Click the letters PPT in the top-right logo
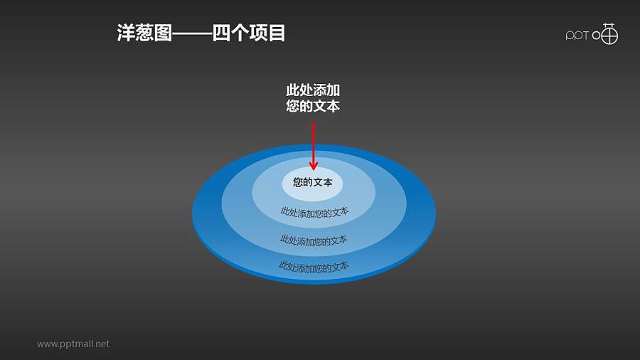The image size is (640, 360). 577,36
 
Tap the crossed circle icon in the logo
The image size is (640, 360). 609,34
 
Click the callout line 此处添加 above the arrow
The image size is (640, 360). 313,91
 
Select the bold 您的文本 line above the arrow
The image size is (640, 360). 313,107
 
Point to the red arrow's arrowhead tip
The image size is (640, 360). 313,169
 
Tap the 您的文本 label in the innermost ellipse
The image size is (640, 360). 313,183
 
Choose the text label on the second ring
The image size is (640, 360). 314,212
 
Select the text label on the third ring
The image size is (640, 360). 314,240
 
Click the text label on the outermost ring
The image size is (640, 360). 314,267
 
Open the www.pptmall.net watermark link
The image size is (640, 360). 73,344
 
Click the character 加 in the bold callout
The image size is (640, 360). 334,91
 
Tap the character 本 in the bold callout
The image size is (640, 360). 334,107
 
